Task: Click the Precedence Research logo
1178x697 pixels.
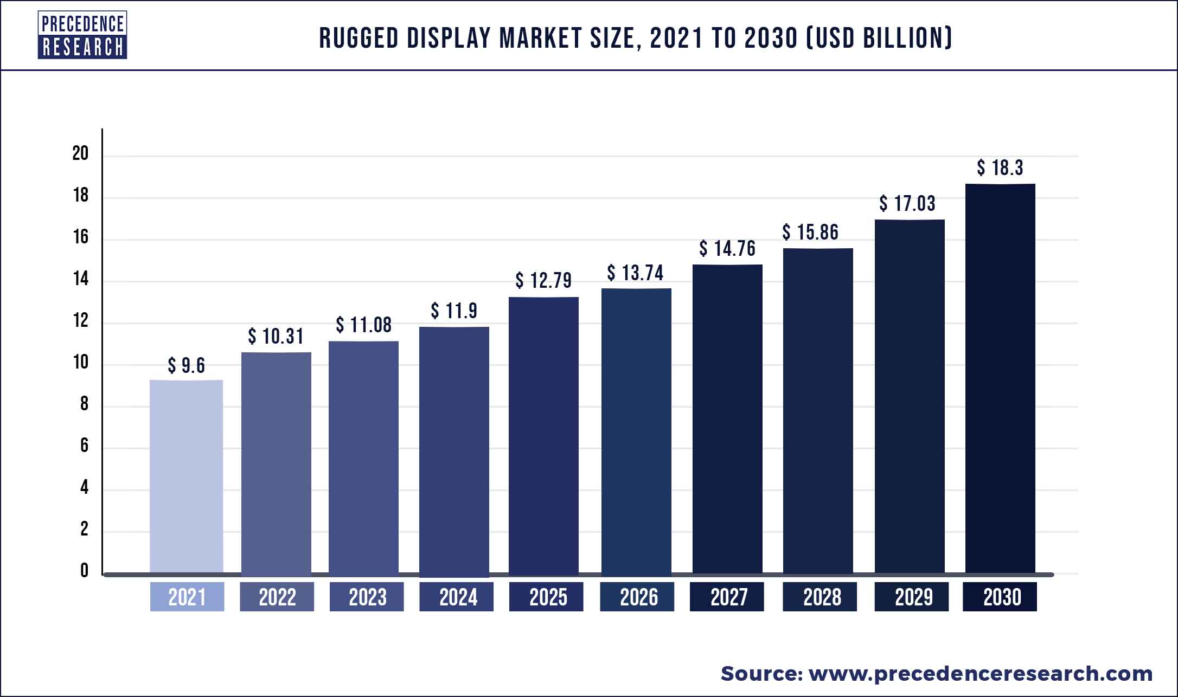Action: (x=82, y=35)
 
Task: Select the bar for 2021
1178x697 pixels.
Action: (x=186, y=477)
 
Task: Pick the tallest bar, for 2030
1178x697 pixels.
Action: (x=1000, y=379)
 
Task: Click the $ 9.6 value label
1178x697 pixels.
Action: (x=186, y=366)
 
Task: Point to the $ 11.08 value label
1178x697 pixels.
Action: (x=363, y=325)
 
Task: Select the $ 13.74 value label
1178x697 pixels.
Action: (x=635, y=273)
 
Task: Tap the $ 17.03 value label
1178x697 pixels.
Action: (x=907, y=204)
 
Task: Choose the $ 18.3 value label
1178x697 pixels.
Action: (x=1000, y=168)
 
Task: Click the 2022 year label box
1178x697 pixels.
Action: (x=277, y=597)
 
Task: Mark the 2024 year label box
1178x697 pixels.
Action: (x=457, y=597)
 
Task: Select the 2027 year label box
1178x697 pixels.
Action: (x=727, y=597)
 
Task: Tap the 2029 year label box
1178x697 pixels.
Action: (x=912, y=597)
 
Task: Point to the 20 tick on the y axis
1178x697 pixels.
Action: (x=80, y=154)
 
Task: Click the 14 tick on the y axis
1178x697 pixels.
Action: (x=80, y=279)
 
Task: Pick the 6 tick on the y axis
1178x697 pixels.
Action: (x=84, y=446)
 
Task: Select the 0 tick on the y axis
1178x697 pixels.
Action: (x=84, y=571)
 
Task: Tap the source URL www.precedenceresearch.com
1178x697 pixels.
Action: (x=981, y=674)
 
